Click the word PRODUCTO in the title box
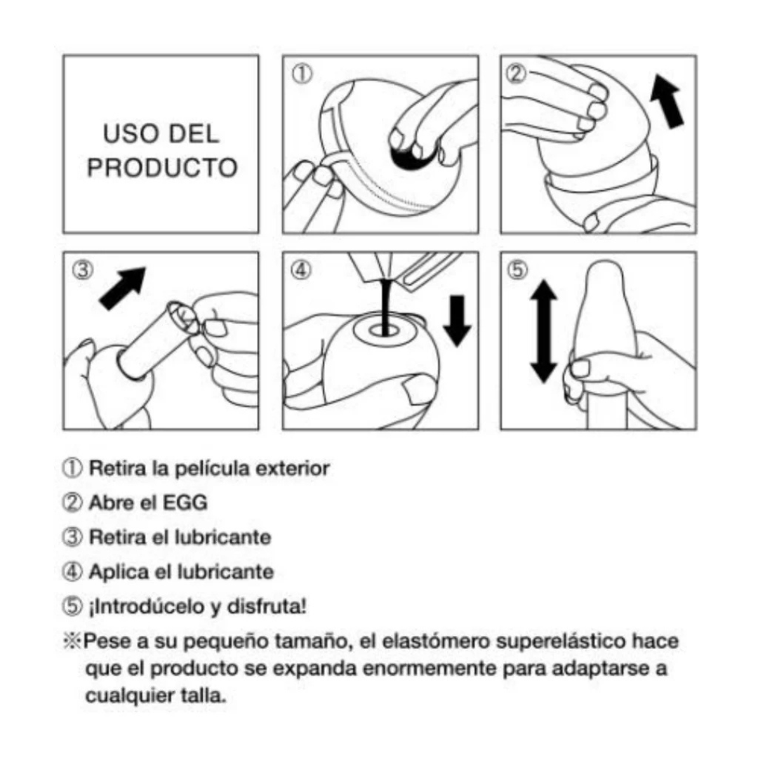pyautogui.click(x=162, y=168)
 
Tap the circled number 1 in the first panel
pyautogui.click(x=302, y=74)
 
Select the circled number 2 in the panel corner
pyautogui.click(x=517, y=74)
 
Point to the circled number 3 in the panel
pyautogui.click(x=83, y=270)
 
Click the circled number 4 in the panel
pyautogui.click(x=300, y=270)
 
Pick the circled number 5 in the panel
pyautogui.click(x=517, y=270)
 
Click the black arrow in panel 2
pyautogui.click(x=667, y=102)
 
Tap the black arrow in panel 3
pyautogui.click(x=123, y=288)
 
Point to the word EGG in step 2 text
pyautogui.click(x=185, y=503)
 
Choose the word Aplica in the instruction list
pyautogui.click(x=119, y=573)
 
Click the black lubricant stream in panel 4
pyautogui.click(x=385, y=306)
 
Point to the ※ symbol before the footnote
pyautogui.click(x=72, y=641)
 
